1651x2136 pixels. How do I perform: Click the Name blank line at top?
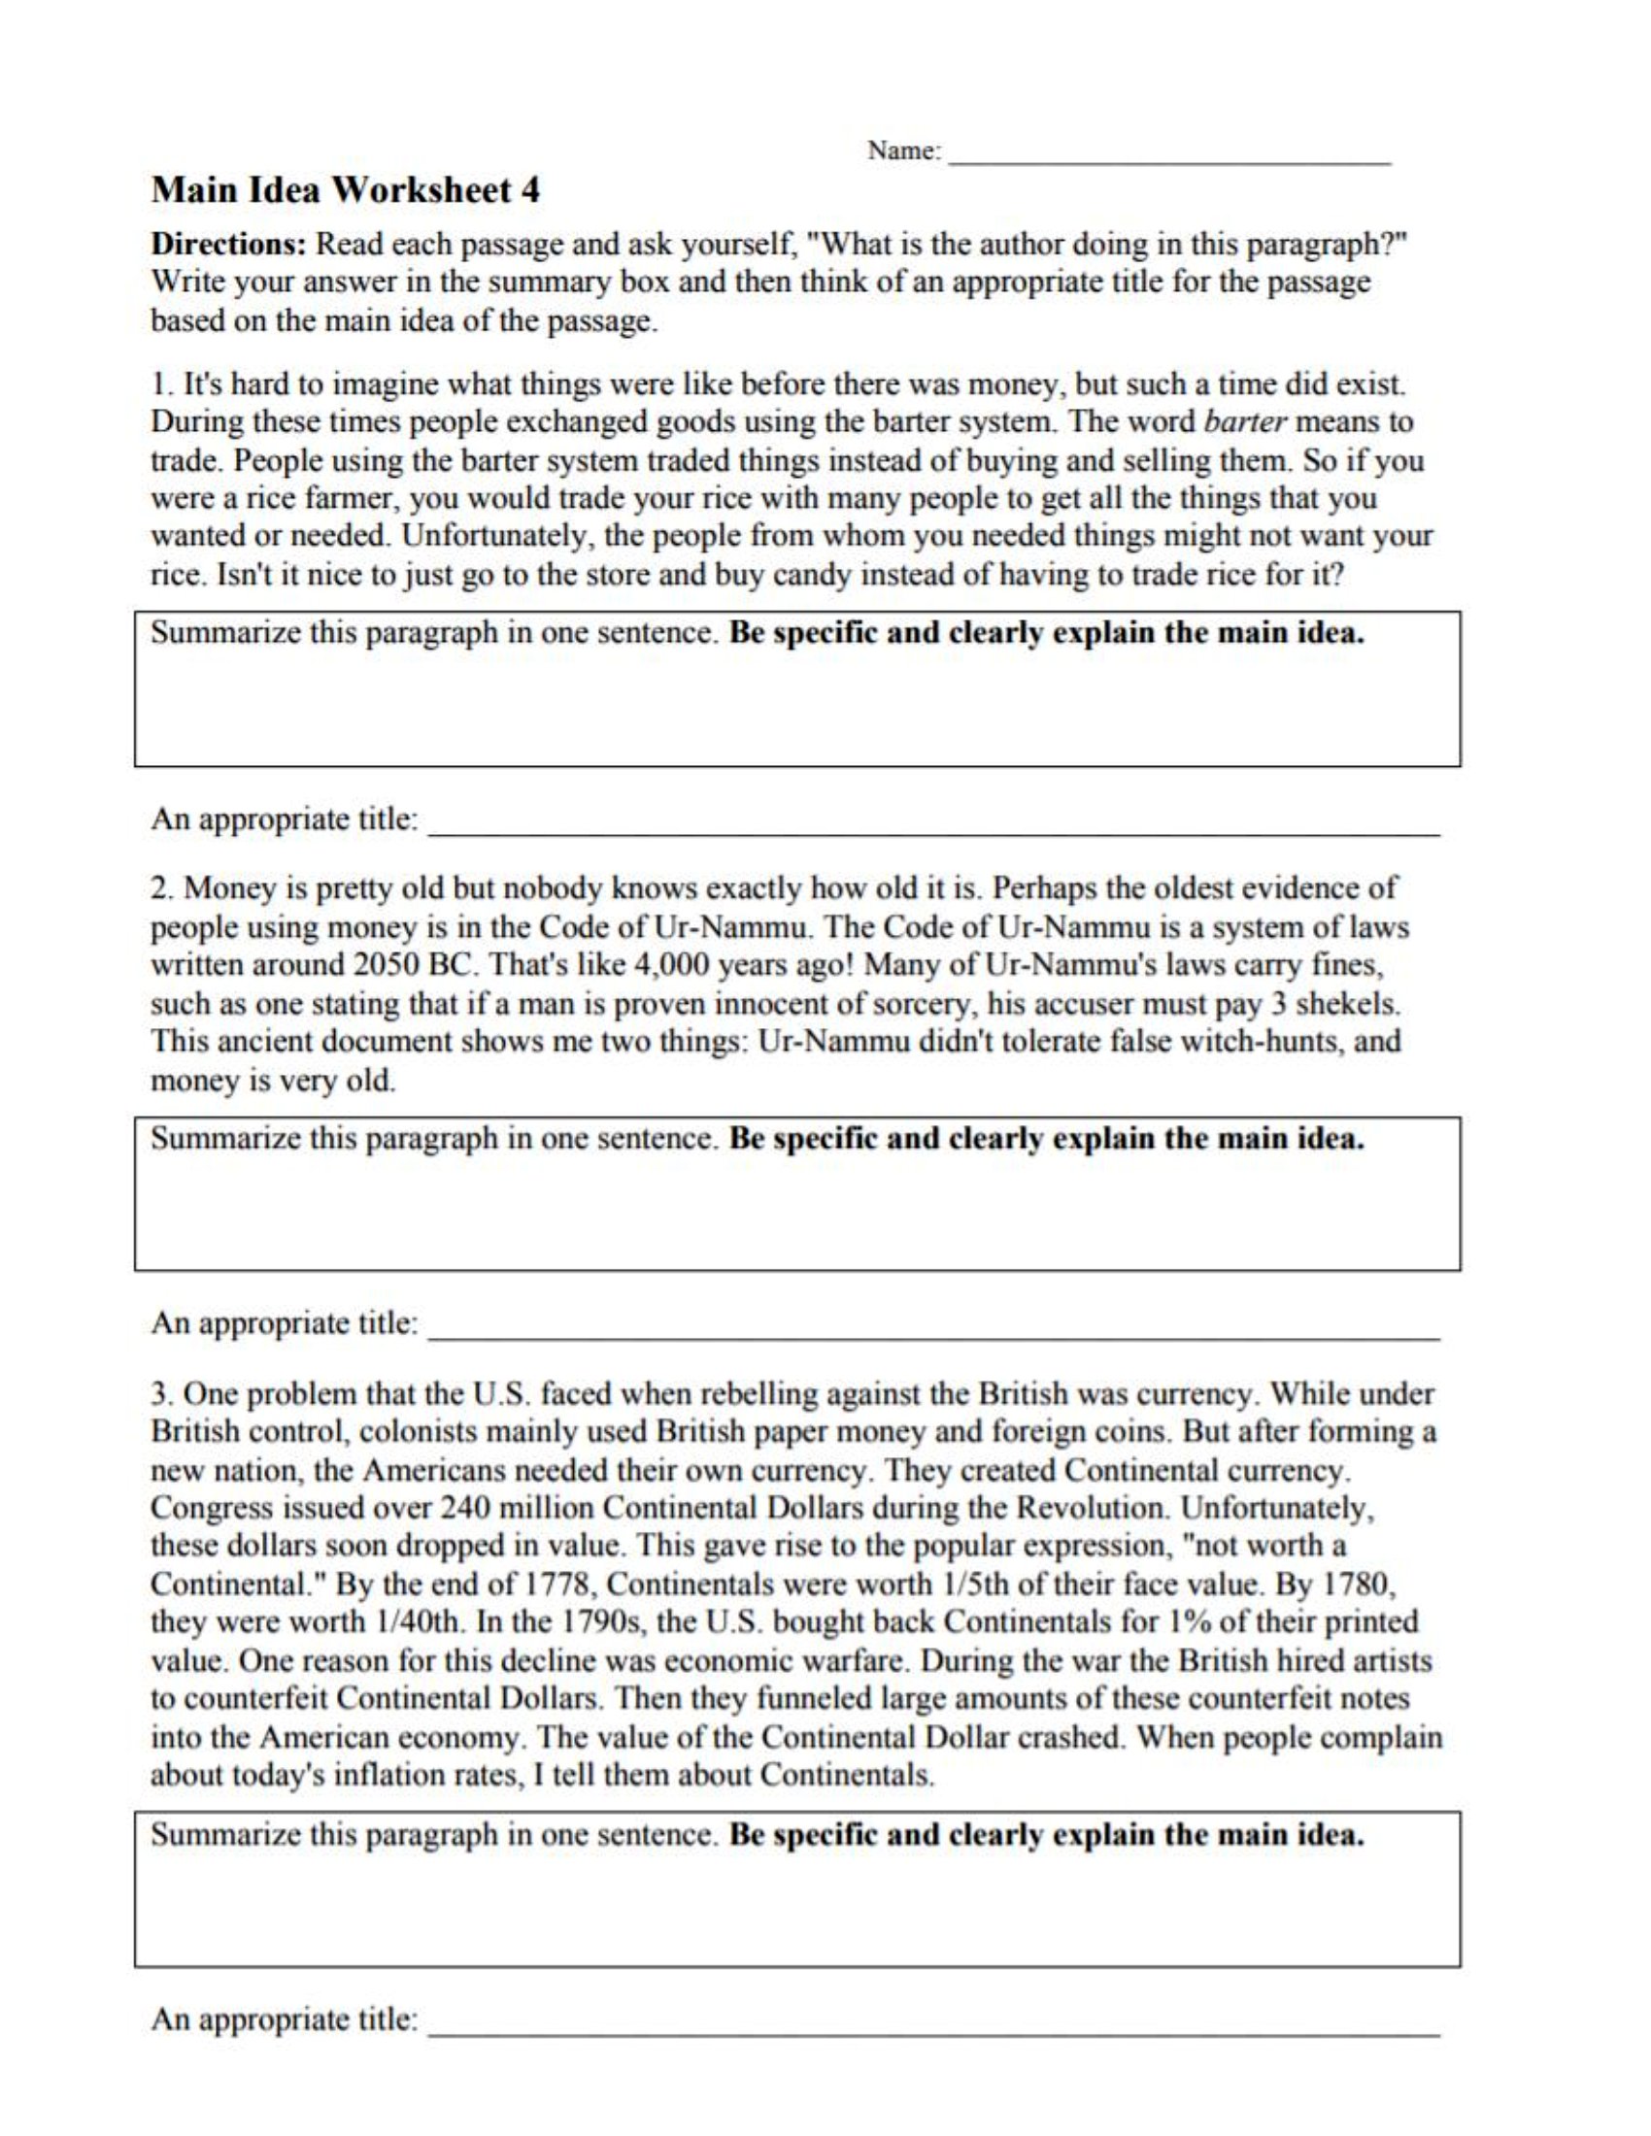coord(1170,156)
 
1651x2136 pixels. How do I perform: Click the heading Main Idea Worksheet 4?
coord(346,189)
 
